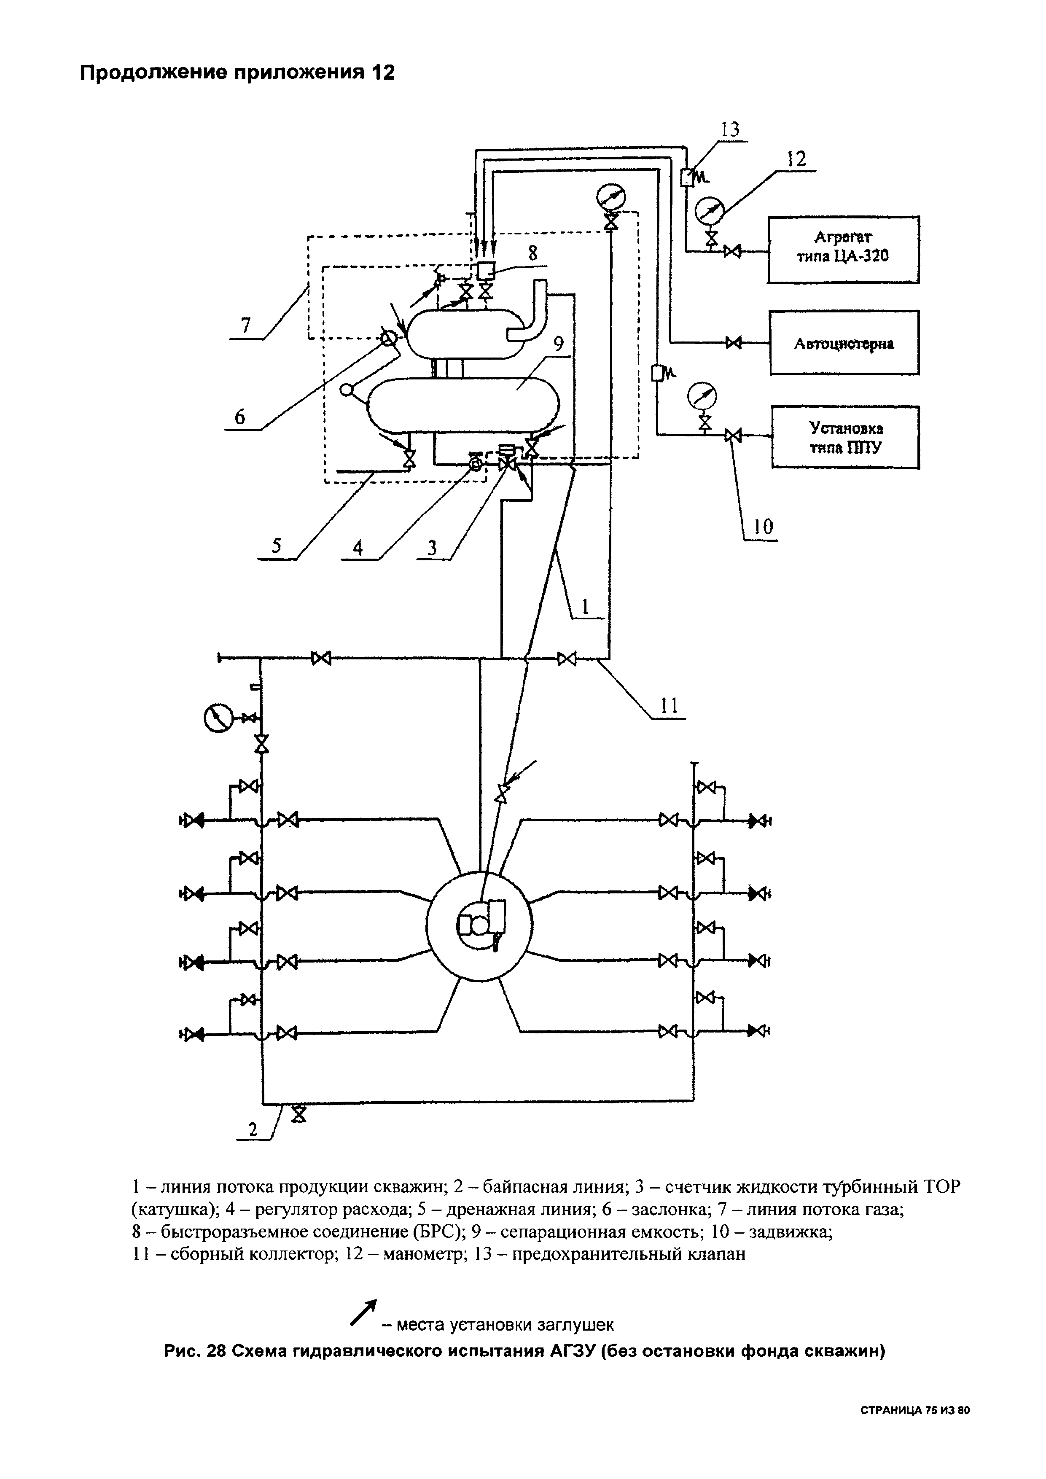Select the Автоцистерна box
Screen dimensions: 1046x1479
pos(844,343)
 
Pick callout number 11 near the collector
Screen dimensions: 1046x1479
pos(670,706)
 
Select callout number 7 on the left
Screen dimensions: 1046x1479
pos(245,327)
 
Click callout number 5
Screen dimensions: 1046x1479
pos(276,546)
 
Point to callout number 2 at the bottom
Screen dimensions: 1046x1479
pos(253,1129)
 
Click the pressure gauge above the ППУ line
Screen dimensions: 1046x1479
pos(703,395)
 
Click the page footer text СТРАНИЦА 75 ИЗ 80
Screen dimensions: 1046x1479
pos(914,1407)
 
